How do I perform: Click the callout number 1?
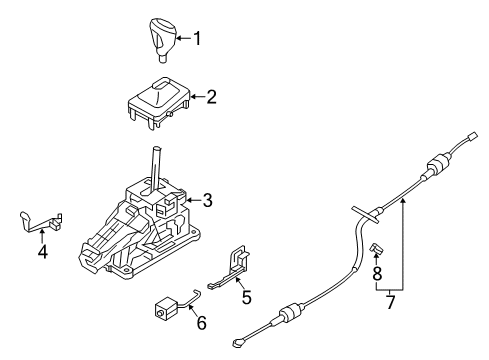click(197, 39)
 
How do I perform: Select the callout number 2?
click(211, 97)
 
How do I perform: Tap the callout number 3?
click(207, 200)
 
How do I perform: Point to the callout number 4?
click(42, 252)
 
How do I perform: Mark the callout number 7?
click(389, 301)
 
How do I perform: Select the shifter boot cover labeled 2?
click(157, 99)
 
